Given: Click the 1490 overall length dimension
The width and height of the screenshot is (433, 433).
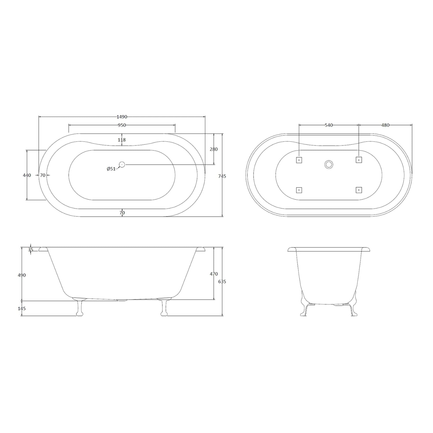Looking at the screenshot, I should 122,117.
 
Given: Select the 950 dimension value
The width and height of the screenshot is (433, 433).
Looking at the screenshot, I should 122,125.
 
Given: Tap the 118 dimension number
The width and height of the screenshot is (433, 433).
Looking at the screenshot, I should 122,140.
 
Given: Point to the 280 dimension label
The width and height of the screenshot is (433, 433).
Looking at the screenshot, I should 214,149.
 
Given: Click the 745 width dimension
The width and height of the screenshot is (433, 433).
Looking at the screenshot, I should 222,176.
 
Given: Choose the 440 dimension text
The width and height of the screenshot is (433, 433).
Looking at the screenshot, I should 27,175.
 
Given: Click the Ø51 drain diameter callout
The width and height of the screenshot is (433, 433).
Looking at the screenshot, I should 111,169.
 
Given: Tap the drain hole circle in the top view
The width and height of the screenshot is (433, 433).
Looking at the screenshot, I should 122,165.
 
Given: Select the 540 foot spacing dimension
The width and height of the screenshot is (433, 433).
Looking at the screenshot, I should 329,125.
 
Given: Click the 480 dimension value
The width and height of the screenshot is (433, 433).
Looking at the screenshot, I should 385,125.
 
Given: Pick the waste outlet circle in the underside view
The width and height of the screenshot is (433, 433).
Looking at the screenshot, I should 329,165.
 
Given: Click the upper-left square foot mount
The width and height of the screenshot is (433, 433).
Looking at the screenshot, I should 299,160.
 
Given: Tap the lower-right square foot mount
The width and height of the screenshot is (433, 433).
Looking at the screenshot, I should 359,190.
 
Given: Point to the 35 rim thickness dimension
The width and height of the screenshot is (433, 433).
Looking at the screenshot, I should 31,250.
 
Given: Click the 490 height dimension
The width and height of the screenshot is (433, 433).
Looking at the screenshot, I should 22,275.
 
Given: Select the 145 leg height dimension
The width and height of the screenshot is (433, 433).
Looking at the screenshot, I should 22,309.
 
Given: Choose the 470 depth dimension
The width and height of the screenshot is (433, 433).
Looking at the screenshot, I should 214,274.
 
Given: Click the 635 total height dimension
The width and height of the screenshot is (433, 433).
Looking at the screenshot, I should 222,281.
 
